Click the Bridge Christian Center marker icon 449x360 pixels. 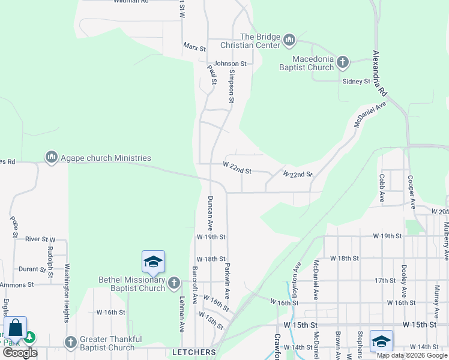(289, 41)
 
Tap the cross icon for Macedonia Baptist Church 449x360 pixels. (342, 62)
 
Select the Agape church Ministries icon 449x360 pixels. (51, 157)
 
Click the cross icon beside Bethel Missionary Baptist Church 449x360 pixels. (174, 283)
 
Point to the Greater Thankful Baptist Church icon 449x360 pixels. (71, 342)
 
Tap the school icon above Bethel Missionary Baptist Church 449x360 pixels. (153, 262)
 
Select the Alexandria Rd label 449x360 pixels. (379, 73)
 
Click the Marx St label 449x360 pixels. (194, 46)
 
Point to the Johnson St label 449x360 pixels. (230, 63)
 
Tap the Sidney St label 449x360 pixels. (356, 81)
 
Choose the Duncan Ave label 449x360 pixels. (210, 213)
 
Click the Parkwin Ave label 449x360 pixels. (228, 280)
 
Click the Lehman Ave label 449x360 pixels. (181, 314)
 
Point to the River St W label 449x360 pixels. (40, 239)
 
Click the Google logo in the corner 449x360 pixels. (20, 352)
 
